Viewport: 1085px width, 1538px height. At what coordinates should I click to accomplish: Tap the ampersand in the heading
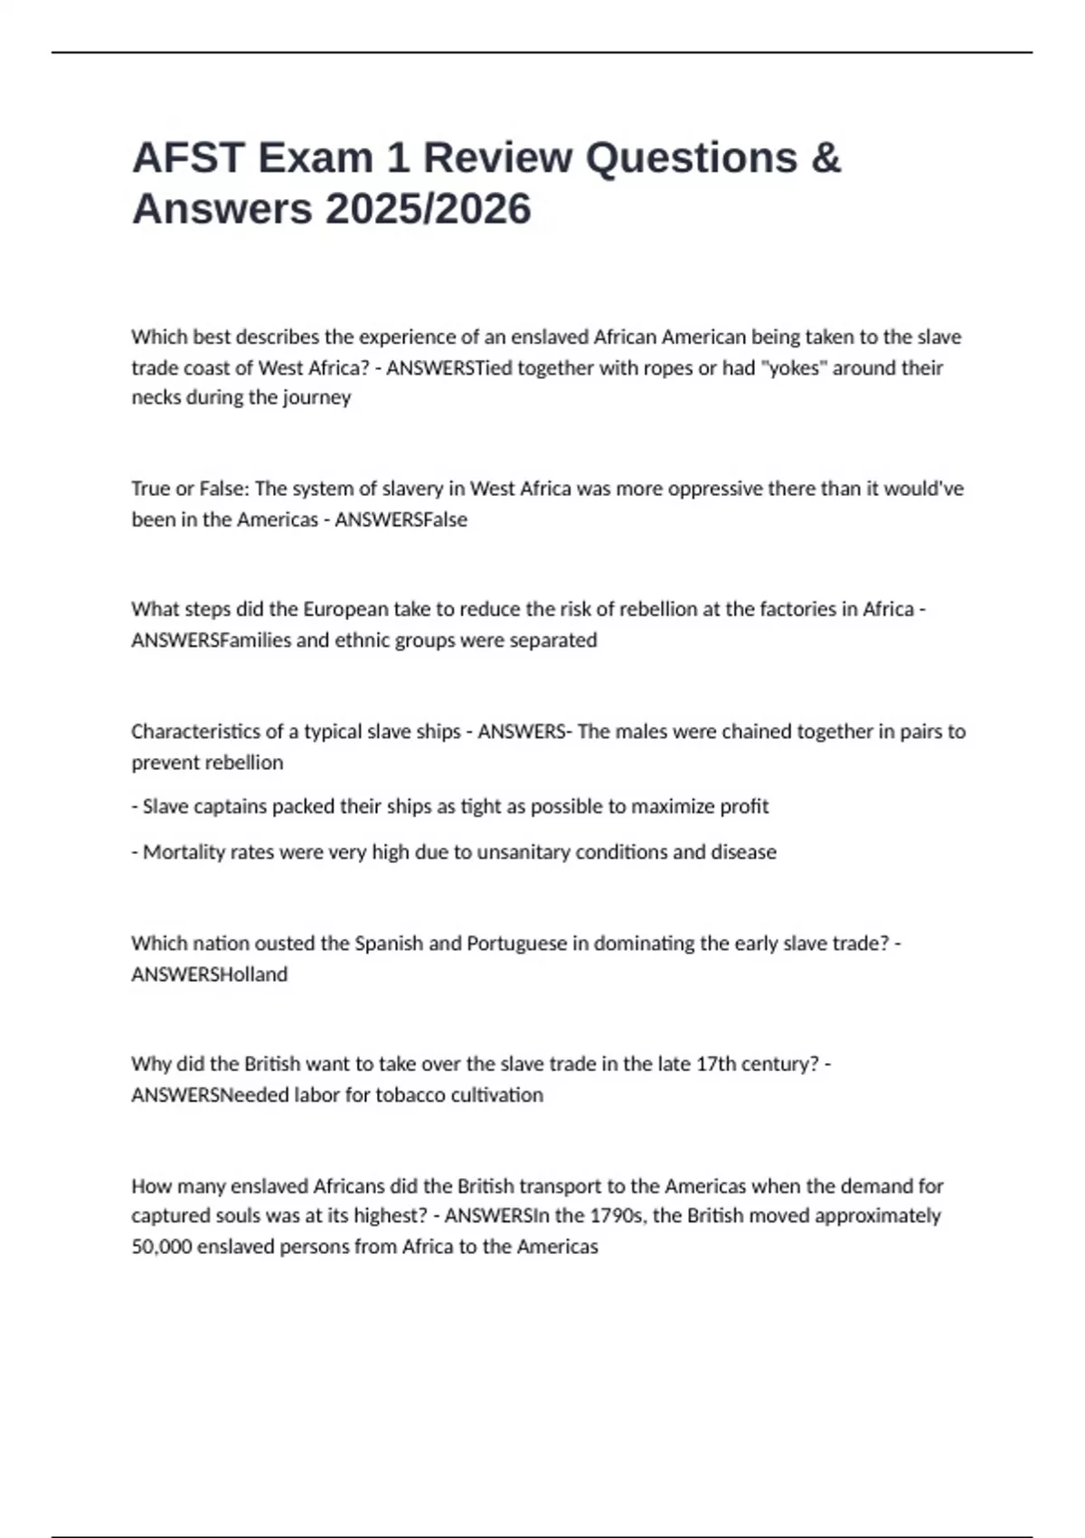click(x=826, y=158)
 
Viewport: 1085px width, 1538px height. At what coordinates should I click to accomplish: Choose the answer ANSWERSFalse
click(x=401, y=519)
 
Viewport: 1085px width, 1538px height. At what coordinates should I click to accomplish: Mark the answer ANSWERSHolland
click(x=209, y=974)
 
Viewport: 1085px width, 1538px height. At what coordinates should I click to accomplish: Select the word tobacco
click(x=420, y=1095)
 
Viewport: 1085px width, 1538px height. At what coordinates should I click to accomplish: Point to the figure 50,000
click(x=161, y=1247)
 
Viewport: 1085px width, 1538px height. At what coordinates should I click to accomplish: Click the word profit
click(x=746, y=806)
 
